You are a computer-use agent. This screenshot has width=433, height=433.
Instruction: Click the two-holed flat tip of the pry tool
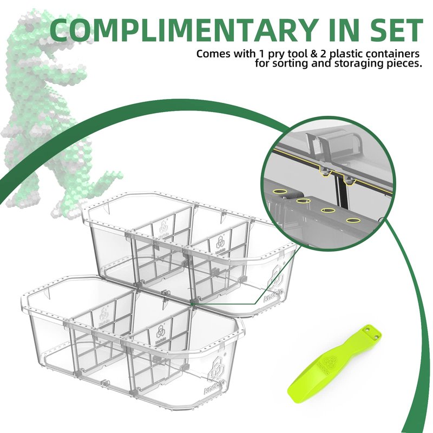tap(372, 332)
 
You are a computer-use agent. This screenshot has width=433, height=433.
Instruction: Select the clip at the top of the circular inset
tap(334, 146)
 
